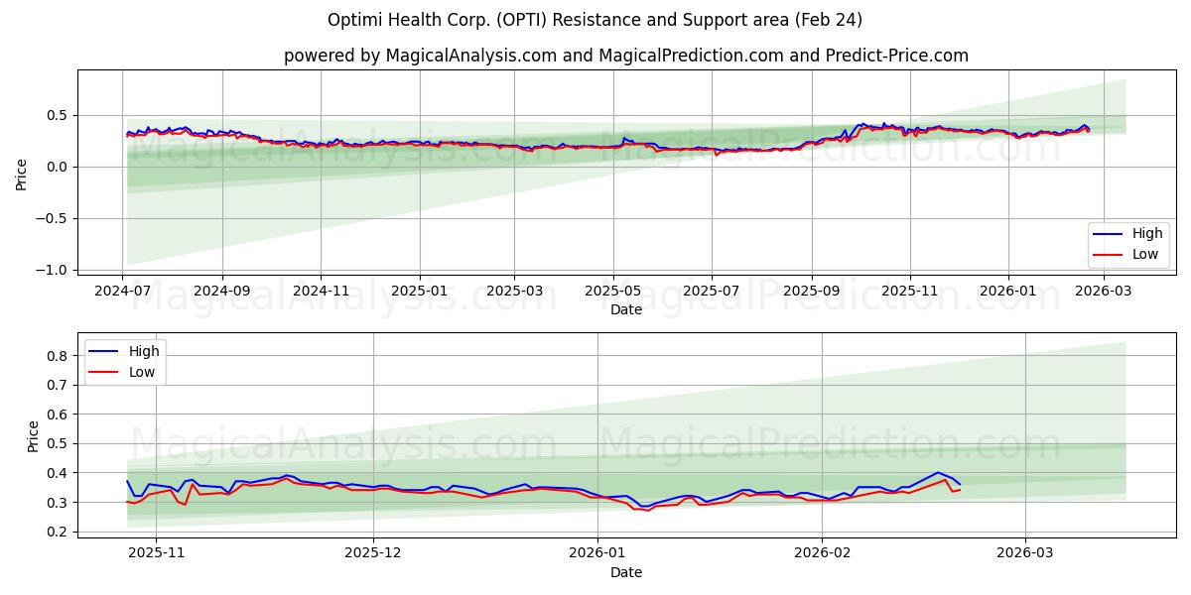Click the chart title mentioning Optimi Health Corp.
click(x=595, y=20)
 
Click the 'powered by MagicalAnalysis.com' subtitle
click(x=625, y=56)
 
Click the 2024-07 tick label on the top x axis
click(x=123, y=291)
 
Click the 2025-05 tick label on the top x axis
click(x=612, y=291)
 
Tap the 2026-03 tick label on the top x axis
click(x=1104, y=291)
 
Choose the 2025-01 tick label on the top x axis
click(x=419, y=291)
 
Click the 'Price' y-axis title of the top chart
click(x=22, y=175)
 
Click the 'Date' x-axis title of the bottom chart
click(x=625, y=572)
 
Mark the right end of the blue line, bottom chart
click(x=960, y=484)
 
